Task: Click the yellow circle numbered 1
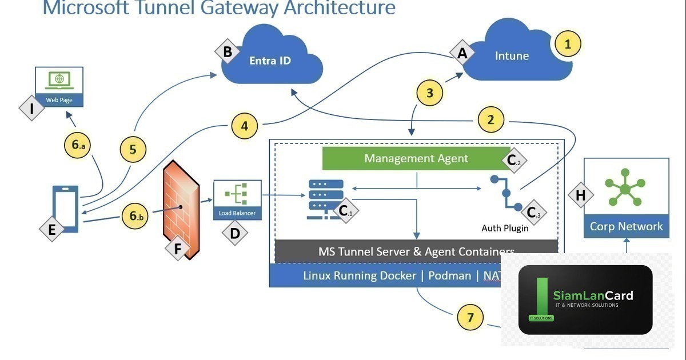pyautogui.click(x=568, y=44)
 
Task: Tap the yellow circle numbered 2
pyautogui.click(x=490, y=120)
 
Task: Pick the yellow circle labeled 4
pyautogui.click(x=245, y=125)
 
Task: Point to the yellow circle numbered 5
pyautogui.click(x=133, y=150)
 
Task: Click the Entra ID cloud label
pyautogui.click(x=270, y=61)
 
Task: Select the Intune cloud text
pyautogui.click(x=512, y=56)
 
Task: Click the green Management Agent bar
pyautogui.click(x=416, y=158)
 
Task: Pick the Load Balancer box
pyautogui.click(x=237, y=200)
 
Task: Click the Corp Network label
pyautogui.click(x=626, y=226)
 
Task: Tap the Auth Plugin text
pyautogui.click(x=505, y=229)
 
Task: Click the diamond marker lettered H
pyautogui.click(x=580, y=195)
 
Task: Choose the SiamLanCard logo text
pyautogui.click(x=593, y=295)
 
